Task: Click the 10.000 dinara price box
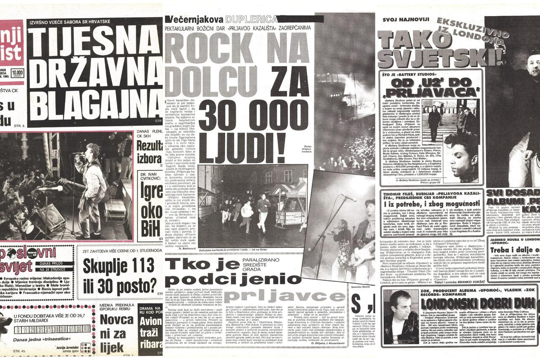click(17, 72)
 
